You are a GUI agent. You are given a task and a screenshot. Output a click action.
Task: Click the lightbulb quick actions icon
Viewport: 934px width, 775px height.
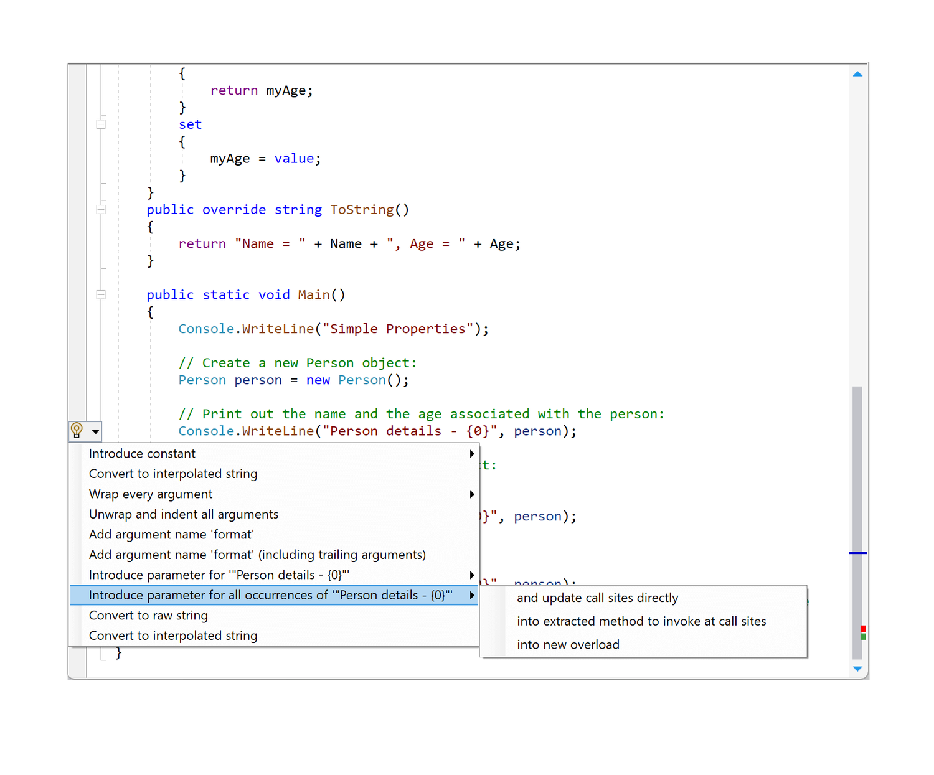coord(77,430)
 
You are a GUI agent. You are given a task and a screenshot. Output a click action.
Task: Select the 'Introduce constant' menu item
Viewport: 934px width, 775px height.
coord(142,454)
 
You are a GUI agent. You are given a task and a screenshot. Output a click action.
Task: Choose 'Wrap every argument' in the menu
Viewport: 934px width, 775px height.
coord(151,494)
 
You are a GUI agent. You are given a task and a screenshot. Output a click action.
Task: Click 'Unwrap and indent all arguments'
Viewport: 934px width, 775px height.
coord(184,514)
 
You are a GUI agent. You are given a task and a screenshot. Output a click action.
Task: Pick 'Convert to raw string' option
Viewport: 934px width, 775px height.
coord(148,616)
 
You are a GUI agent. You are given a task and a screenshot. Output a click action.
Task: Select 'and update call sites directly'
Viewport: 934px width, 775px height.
coord(597,598)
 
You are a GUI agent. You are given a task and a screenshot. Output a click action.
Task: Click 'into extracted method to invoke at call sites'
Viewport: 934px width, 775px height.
coord(641,621)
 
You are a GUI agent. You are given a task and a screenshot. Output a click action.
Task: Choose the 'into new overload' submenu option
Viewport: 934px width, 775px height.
coord(568,645)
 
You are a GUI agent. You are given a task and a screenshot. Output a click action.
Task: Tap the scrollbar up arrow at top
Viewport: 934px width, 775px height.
coord(857,74)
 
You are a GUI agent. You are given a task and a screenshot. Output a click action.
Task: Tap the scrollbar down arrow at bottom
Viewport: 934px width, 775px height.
coord(857,669)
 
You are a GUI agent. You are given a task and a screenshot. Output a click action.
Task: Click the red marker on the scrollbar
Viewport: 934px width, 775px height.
coord(863,629)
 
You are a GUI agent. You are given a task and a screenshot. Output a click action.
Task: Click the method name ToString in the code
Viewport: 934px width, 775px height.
coord(362,210)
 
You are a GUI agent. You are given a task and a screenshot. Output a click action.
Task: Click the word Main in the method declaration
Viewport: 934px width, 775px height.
coord(314,295)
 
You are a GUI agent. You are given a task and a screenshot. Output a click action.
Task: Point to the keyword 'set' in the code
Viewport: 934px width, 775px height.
coord(190,124)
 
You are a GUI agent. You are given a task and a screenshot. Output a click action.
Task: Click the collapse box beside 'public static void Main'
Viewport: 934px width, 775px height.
coord(101,295)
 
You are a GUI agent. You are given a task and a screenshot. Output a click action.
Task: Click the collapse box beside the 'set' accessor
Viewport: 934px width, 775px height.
coord(101,124)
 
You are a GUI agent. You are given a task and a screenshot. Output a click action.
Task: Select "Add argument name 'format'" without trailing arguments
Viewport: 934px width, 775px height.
coord(171,535)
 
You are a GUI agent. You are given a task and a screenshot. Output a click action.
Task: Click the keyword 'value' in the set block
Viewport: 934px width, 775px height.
coord(294,159)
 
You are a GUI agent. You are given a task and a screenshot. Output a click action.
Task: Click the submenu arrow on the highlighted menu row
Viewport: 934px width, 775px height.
coord(472,596)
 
